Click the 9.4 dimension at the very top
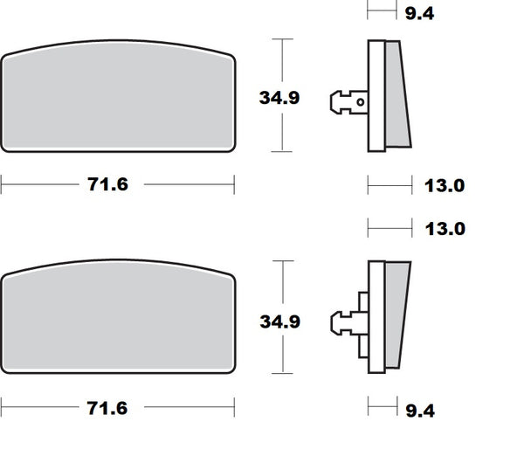coord(431,12)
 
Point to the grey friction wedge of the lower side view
coord(396,316)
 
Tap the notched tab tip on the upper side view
coord(335,102)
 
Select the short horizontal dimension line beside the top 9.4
coord(377,12)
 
